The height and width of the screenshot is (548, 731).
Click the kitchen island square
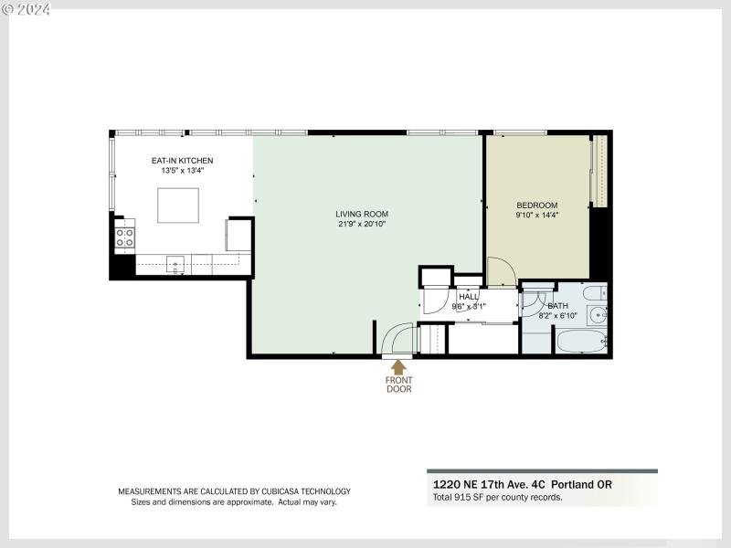178,205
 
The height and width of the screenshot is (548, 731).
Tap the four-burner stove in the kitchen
123,238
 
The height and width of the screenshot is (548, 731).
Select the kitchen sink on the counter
176,265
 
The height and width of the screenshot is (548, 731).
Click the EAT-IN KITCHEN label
182,161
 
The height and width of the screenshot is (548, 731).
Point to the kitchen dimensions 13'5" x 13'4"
182,171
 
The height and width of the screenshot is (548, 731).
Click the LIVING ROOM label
362,214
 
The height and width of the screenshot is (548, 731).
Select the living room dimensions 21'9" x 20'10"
364,225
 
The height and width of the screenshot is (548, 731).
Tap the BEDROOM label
536,205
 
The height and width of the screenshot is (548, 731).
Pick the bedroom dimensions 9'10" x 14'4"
536,216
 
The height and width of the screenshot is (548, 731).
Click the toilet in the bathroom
595,294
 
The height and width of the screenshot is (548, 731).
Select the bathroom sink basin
599,316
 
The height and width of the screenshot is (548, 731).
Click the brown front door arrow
398,367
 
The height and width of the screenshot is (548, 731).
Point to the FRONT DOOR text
398,385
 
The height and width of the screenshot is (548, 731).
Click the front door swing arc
395,338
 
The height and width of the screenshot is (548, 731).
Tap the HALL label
469,297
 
